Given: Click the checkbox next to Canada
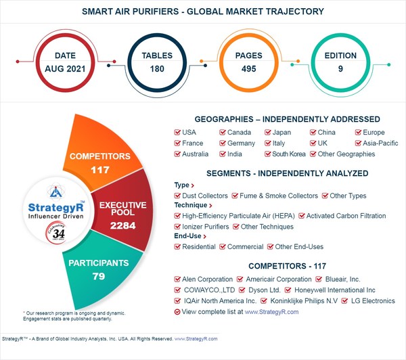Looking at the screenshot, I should [223, 133].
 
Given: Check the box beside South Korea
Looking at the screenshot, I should [268, 154].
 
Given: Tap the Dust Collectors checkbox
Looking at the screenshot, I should [178, 196].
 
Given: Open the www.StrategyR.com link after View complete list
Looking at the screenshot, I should [271, 311].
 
